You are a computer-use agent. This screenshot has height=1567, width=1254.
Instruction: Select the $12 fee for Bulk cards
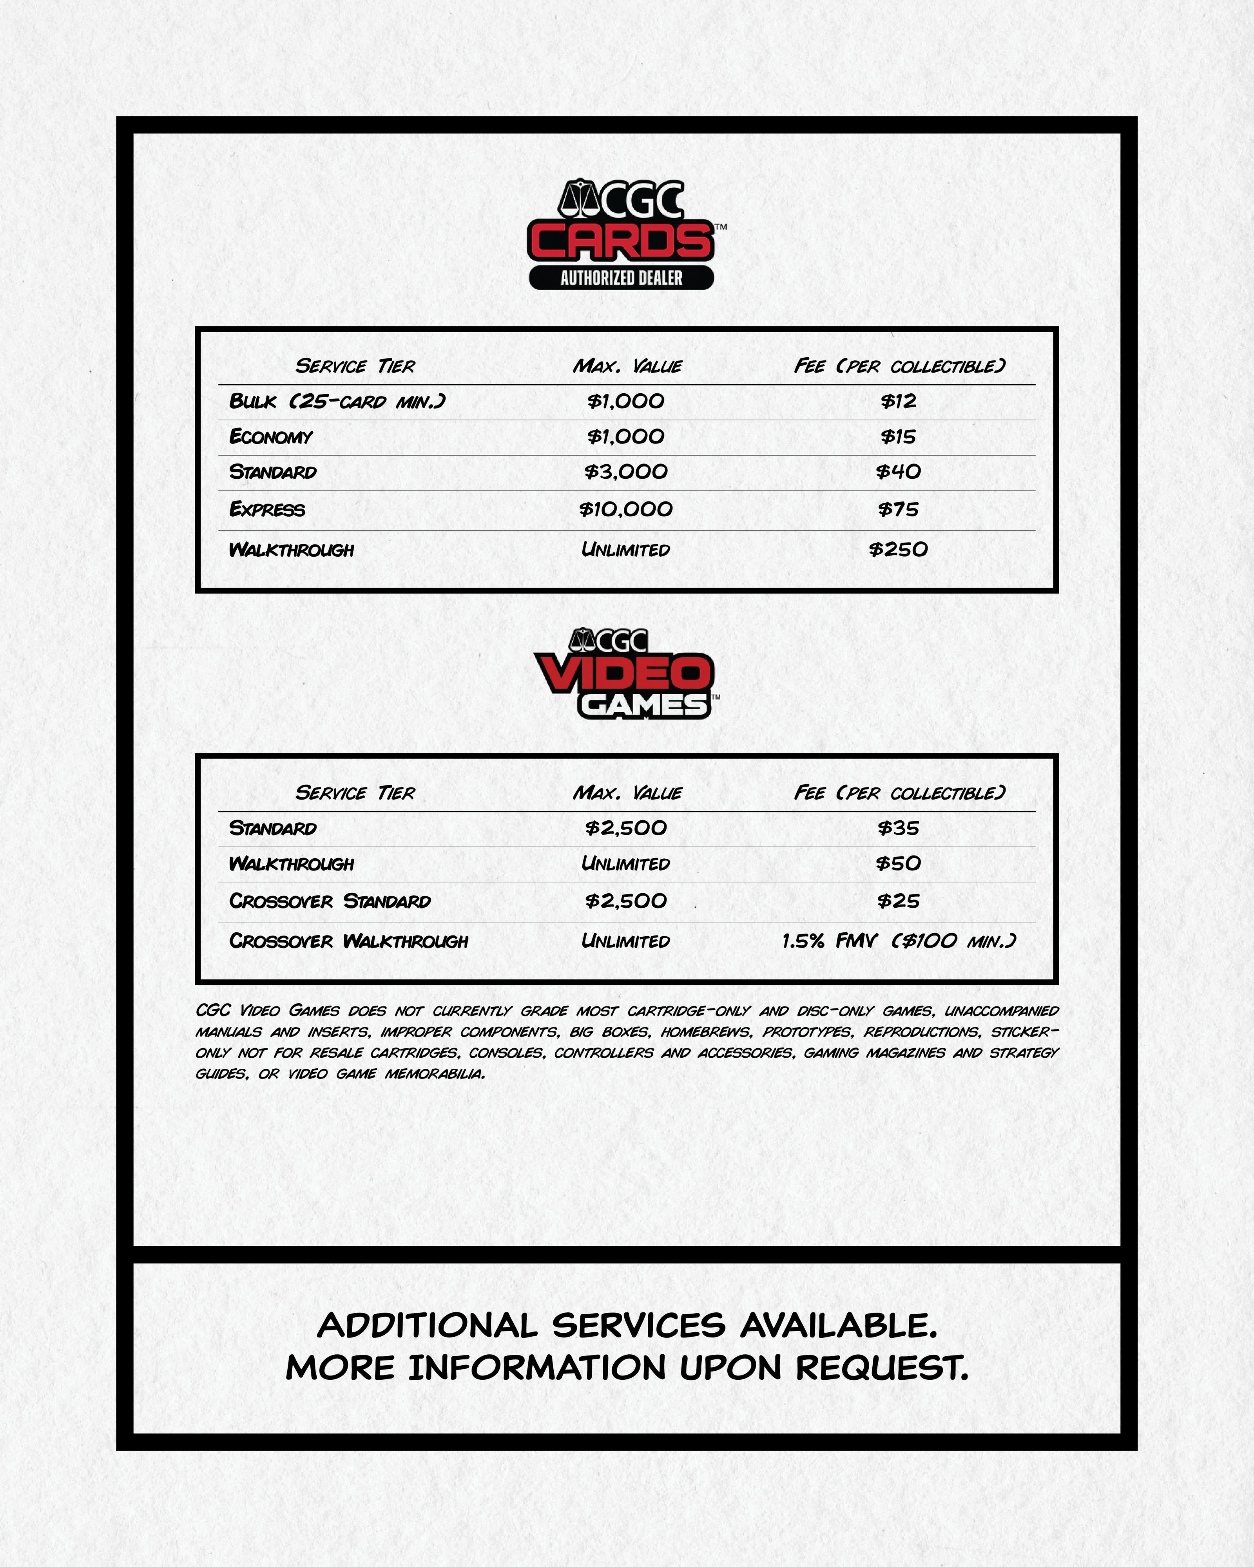(x=899, y=401)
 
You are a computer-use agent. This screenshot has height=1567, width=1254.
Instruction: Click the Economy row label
(x=270, y=437)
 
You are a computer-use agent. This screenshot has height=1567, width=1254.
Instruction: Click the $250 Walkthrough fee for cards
(x=899, y=550)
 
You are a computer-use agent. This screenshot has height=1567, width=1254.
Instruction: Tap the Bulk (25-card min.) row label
(x=337, y=401)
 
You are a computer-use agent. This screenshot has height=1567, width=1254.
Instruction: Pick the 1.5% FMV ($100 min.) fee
(x=899, y=942)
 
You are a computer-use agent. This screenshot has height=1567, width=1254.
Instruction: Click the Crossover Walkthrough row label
(x=349, y=942)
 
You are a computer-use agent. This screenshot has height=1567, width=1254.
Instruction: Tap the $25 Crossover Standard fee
(x=899, y=902)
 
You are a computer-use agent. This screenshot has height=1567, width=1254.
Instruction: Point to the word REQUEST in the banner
(x=882, y=1368)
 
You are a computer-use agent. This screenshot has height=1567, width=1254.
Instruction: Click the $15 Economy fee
(x=899, y=437)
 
